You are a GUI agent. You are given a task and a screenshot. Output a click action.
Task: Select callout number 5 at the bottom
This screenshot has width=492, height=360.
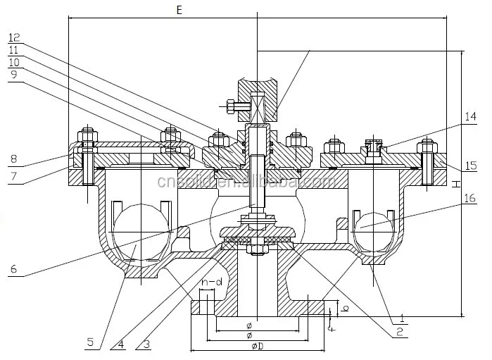[90, 344]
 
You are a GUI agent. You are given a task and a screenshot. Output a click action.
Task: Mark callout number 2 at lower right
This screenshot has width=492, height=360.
[398, 329]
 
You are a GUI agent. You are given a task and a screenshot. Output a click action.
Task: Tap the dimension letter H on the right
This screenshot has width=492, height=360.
[456, 184]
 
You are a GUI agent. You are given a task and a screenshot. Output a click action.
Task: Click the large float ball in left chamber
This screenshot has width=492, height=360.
[141, 232]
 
